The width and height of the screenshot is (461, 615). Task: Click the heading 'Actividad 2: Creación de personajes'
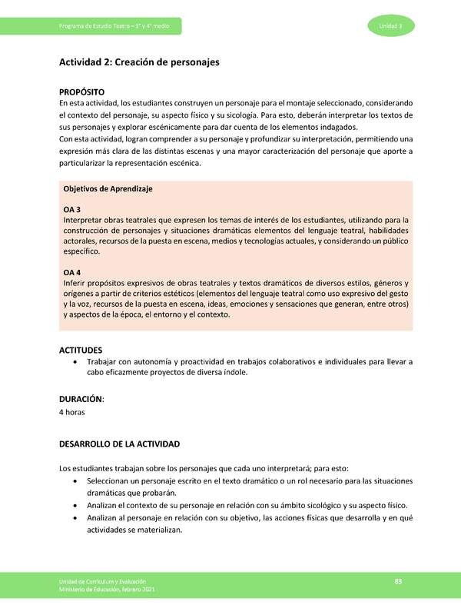(x=139, y=62)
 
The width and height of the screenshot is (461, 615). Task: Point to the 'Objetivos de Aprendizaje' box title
(x=108, y=189)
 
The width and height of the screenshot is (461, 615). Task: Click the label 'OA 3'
(x=71, y=209)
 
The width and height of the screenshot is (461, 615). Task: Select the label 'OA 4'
(x=71, y=272)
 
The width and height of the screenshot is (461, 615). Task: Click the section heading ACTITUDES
(x=81, y=350)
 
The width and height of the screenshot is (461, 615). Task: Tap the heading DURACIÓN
(x=81, y=400)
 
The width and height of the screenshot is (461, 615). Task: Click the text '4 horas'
(x=71, y=413)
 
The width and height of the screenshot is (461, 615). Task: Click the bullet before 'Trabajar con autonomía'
(x=73, y=362)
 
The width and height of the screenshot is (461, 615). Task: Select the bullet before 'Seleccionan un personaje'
(x=73, y=481)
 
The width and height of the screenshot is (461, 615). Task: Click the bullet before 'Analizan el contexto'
(x=73, y=506)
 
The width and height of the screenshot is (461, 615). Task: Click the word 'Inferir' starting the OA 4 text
(x=75, y=283)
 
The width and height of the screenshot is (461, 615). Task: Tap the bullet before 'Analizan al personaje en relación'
(x=73, y=518)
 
